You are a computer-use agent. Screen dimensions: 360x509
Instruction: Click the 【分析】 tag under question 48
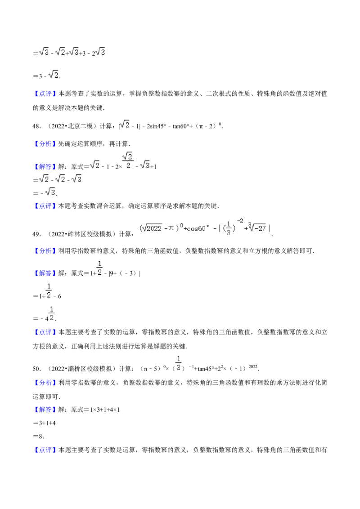(x=45, y=144)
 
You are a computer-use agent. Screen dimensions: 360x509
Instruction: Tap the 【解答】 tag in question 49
(x=45, y=273)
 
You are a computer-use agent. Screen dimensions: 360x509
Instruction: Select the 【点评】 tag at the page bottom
(x=45, y=450)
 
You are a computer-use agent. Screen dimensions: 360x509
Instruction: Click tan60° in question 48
(x=181, y=126)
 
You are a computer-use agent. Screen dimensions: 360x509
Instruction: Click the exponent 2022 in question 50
(x=253, y=366)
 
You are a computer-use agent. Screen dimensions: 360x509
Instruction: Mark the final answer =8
(x=38, y=436)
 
